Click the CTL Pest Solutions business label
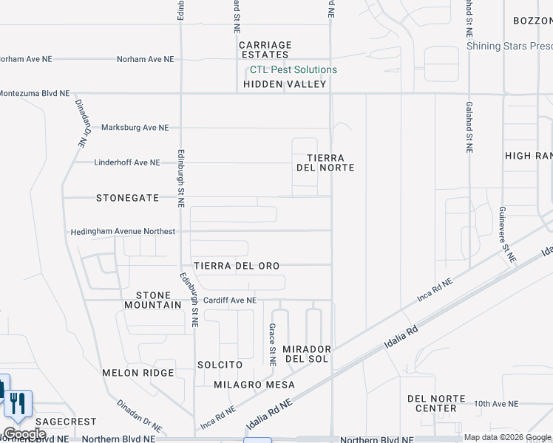coord(294,70)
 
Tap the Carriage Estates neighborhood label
coord(265,50)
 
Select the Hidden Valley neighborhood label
coord(285,84)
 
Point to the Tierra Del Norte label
coord(325,162)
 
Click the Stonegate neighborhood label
coord(128,198)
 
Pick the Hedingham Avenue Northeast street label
coord(123,232)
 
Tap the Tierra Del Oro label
coord(237,266)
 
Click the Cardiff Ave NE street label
coord(230,301)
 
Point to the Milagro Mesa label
coord(254,385)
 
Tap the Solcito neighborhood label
coord(220,365)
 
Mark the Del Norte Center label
coord(436,403)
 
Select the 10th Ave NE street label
coord(496,404)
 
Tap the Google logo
coord(24,433)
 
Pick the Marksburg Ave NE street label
coord(135,128)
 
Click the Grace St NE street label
coord(272,345)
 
